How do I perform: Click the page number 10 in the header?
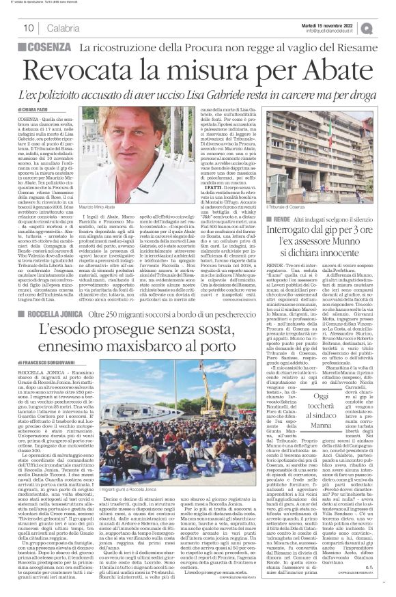click(29, 27)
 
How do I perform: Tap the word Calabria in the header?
click(63, 27)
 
